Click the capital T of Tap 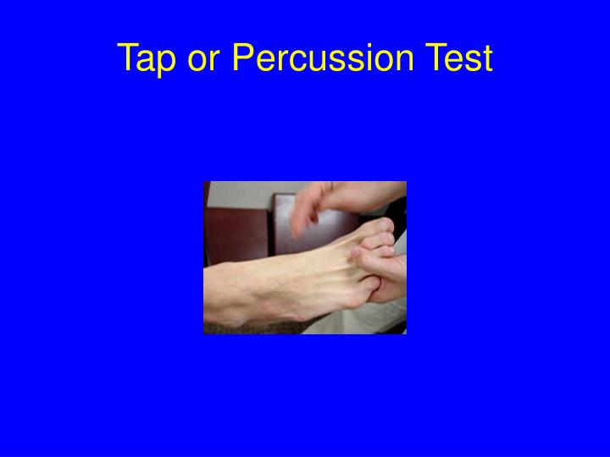(x=127, y=58)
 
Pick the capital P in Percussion (x=243, y=58)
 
